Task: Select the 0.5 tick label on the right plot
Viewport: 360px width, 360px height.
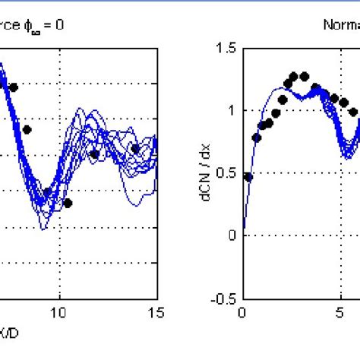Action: point(224,173)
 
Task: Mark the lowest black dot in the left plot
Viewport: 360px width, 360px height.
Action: point(68,203)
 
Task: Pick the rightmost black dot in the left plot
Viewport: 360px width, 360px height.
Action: point(135,149)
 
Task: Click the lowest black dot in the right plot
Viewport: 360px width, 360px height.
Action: point(248,176)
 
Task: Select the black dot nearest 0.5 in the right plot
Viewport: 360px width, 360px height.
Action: point(248,176)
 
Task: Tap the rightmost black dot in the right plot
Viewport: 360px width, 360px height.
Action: point(352,111)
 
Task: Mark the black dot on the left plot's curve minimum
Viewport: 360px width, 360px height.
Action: point(47,192)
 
